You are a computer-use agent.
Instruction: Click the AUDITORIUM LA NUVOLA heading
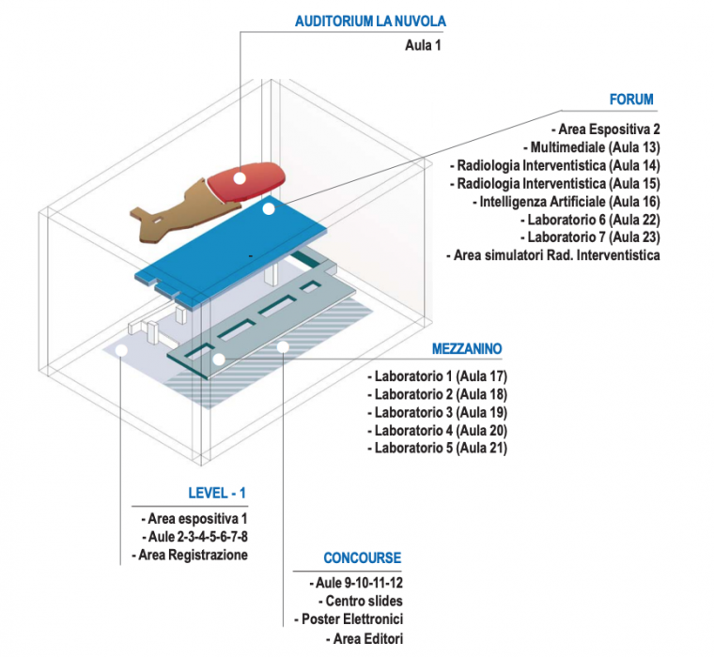[370, 21]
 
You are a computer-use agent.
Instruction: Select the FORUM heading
[631, 99]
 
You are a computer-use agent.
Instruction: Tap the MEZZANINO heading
[467, 348]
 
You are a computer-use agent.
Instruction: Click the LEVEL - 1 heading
[217, 492]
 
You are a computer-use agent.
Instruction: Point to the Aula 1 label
[423, 44]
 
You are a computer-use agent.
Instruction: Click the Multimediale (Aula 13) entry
[596, 147]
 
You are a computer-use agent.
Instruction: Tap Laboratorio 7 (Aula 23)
[595, 237]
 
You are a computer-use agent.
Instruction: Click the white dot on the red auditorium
[240, 176]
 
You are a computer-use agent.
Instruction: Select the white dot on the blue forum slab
[269, 209]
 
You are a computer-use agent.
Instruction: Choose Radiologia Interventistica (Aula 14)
[556, 165]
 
